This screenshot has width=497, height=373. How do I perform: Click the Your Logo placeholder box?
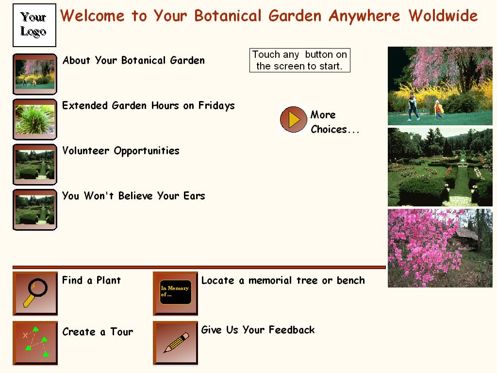point(34,25)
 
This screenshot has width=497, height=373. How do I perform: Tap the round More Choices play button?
point(294,119)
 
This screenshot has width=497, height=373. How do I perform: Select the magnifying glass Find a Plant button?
point(35,293)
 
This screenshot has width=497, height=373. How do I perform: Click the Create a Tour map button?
point(35,343)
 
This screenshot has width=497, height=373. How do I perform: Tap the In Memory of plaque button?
point(175,293)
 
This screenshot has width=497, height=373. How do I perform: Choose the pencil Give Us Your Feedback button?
point(175,343)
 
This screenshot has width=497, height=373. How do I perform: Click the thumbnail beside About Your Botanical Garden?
point(35,74)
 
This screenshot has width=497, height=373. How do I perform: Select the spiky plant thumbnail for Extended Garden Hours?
point(35,119)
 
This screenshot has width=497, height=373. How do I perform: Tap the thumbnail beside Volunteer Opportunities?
point(35,165)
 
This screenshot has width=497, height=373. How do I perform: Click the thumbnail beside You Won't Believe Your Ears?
point(35,210)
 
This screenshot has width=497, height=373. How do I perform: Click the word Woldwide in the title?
point(443,16)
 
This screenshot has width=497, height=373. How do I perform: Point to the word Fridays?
point(216,105)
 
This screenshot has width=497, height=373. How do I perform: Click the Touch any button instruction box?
point(300,60)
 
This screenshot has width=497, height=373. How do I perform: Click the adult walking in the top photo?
point(413,106)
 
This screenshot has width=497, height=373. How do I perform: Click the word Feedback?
point(292,330)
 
